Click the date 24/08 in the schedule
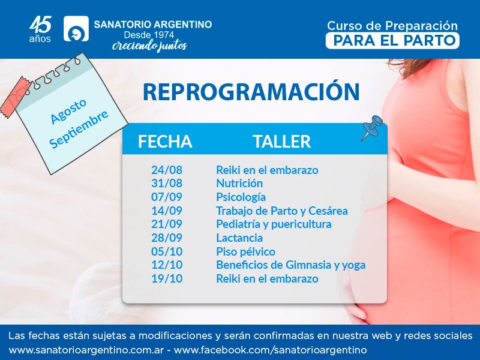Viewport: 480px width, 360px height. (167, 170)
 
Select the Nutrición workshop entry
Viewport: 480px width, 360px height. (239, 183)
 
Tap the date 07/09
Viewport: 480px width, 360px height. (167, 197)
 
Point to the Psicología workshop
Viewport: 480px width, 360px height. (241, 197)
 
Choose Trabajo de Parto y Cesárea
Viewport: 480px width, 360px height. (282, 211)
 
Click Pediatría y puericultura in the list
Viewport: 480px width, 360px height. (274, 224)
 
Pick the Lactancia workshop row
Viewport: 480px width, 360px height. (239, 238)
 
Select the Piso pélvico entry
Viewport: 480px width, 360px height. (245, 251)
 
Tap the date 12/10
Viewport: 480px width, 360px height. (167, 265)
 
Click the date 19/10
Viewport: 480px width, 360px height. (167, 278)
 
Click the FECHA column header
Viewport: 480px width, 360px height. (165, 142)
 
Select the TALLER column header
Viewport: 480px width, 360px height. (282, 142)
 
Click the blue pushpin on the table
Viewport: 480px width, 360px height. (371, 127)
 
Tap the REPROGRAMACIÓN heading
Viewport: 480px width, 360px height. (251, 91)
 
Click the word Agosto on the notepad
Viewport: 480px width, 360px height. (68, 112)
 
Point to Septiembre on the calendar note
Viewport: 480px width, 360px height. (79, 129)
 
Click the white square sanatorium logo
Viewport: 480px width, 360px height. (76, 28)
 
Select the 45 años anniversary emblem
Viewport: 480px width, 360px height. (40, 29)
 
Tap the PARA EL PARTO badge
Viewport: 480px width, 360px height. (392, 41)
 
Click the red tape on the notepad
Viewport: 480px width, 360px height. (17, 98)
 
